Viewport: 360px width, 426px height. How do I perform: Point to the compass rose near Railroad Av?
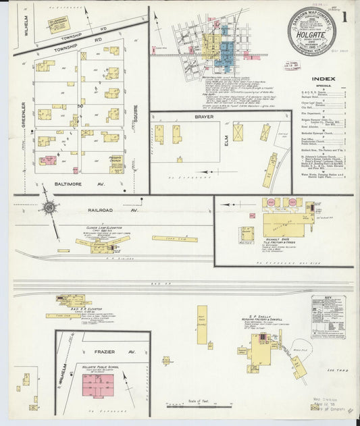point(49,206)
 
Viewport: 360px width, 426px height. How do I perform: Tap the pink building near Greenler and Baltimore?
point(47,161)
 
